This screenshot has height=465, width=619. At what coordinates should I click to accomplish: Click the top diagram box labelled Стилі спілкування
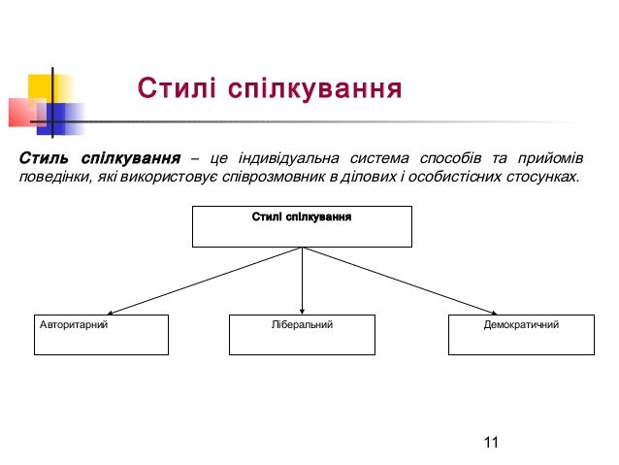(x=302, y=226)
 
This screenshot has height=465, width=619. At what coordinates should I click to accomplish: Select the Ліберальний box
(x=302, y=334)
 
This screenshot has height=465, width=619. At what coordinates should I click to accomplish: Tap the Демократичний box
(x=520, y=334)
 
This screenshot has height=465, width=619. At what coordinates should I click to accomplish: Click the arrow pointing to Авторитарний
(x=204, y=282)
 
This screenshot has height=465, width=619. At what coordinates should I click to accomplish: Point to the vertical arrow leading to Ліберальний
(x=303, y=282)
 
